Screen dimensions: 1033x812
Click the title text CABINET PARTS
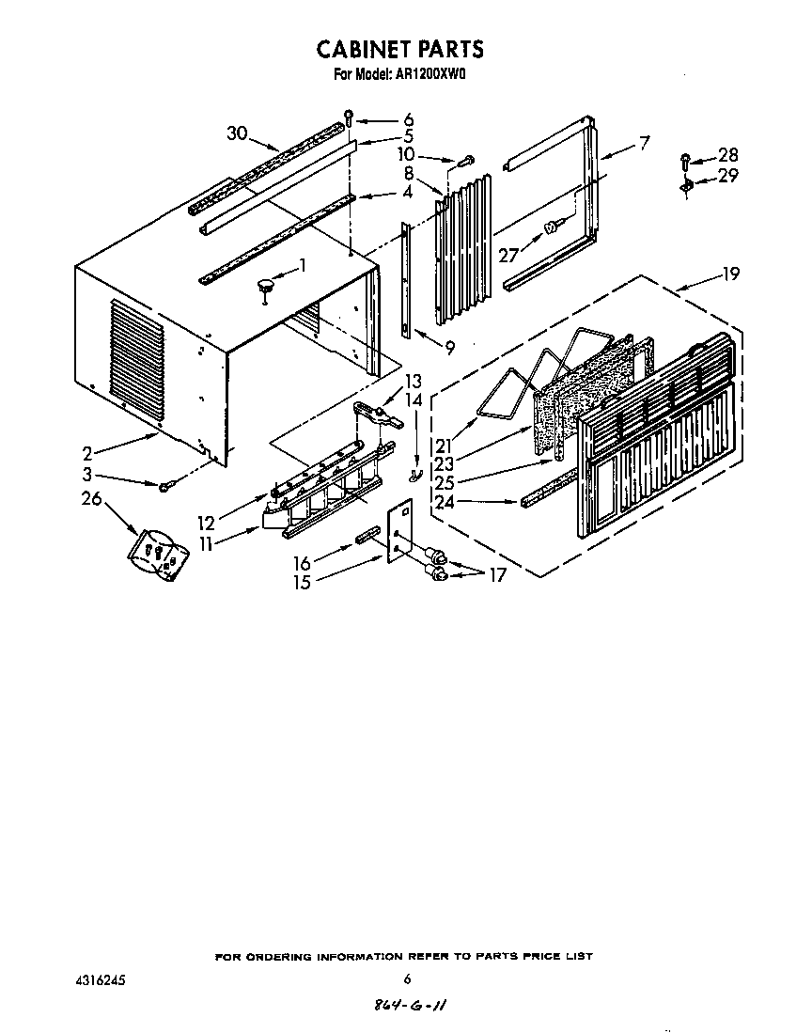(399, 49)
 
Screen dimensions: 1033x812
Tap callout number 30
(237, 133)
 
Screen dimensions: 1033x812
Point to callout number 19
(729, 274)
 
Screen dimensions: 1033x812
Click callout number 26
(91, 498)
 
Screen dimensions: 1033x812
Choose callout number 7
(644, 144)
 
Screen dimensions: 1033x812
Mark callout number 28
(727, 155)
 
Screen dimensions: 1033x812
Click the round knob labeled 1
(267, 284)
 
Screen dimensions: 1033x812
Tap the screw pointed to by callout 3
(166, 485)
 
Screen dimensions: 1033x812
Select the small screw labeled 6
(350, 117)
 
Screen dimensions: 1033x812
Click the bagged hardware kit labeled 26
(158, 554)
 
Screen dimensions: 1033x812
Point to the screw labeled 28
(686, 159)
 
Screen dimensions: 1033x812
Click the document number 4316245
(100, 979)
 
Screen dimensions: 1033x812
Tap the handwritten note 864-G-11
(408, 1005)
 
